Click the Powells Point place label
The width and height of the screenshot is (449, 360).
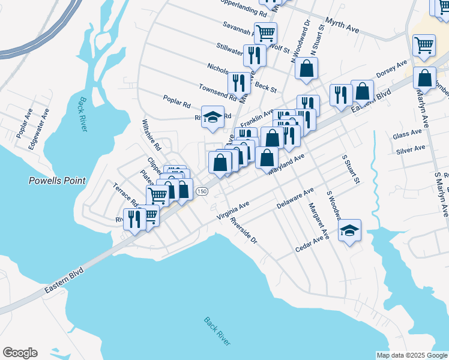coord(58,180)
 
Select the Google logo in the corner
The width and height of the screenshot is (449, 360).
coord(20,353)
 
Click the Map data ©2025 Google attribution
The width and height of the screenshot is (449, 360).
coord(411,355)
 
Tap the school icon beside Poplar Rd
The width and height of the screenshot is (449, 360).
coord(212,117)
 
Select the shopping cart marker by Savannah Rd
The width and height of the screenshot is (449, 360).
coord(265,32)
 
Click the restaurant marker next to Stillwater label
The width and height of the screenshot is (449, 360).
coord(255,55)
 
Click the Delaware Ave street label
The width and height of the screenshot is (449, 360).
coord(295,198)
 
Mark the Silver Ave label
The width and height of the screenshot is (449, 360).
coord(411,149)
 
